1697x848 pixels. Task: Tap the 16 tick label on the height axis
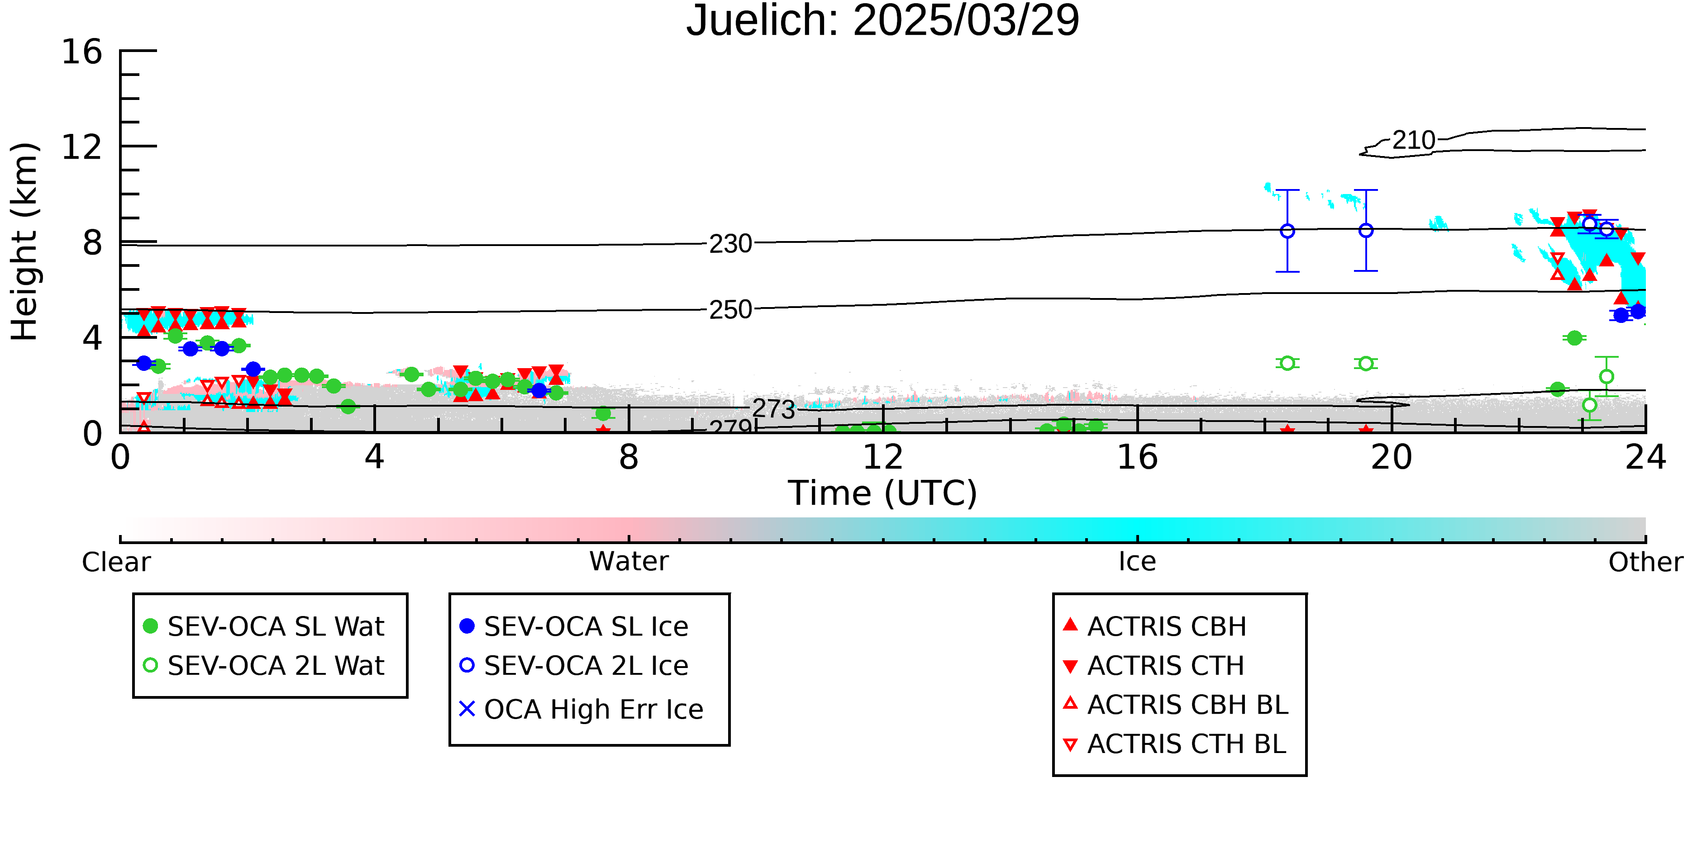point(82,52)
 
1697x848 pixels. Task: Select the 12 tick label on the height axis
point(82,147)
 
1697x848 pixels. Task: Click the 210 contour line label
point(1414,140)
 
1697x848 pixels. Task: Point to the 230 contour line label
point(730,244)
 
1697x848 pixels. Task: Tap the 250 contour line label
point(730,309)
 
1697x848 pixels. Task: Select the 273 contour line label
point(774,409)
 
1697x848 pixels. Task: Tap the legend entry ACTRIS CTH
point(1154,666)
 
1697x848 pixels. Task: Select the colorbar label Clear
point(116,562)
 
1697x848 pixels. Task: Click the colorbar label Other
point(1645,562)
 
